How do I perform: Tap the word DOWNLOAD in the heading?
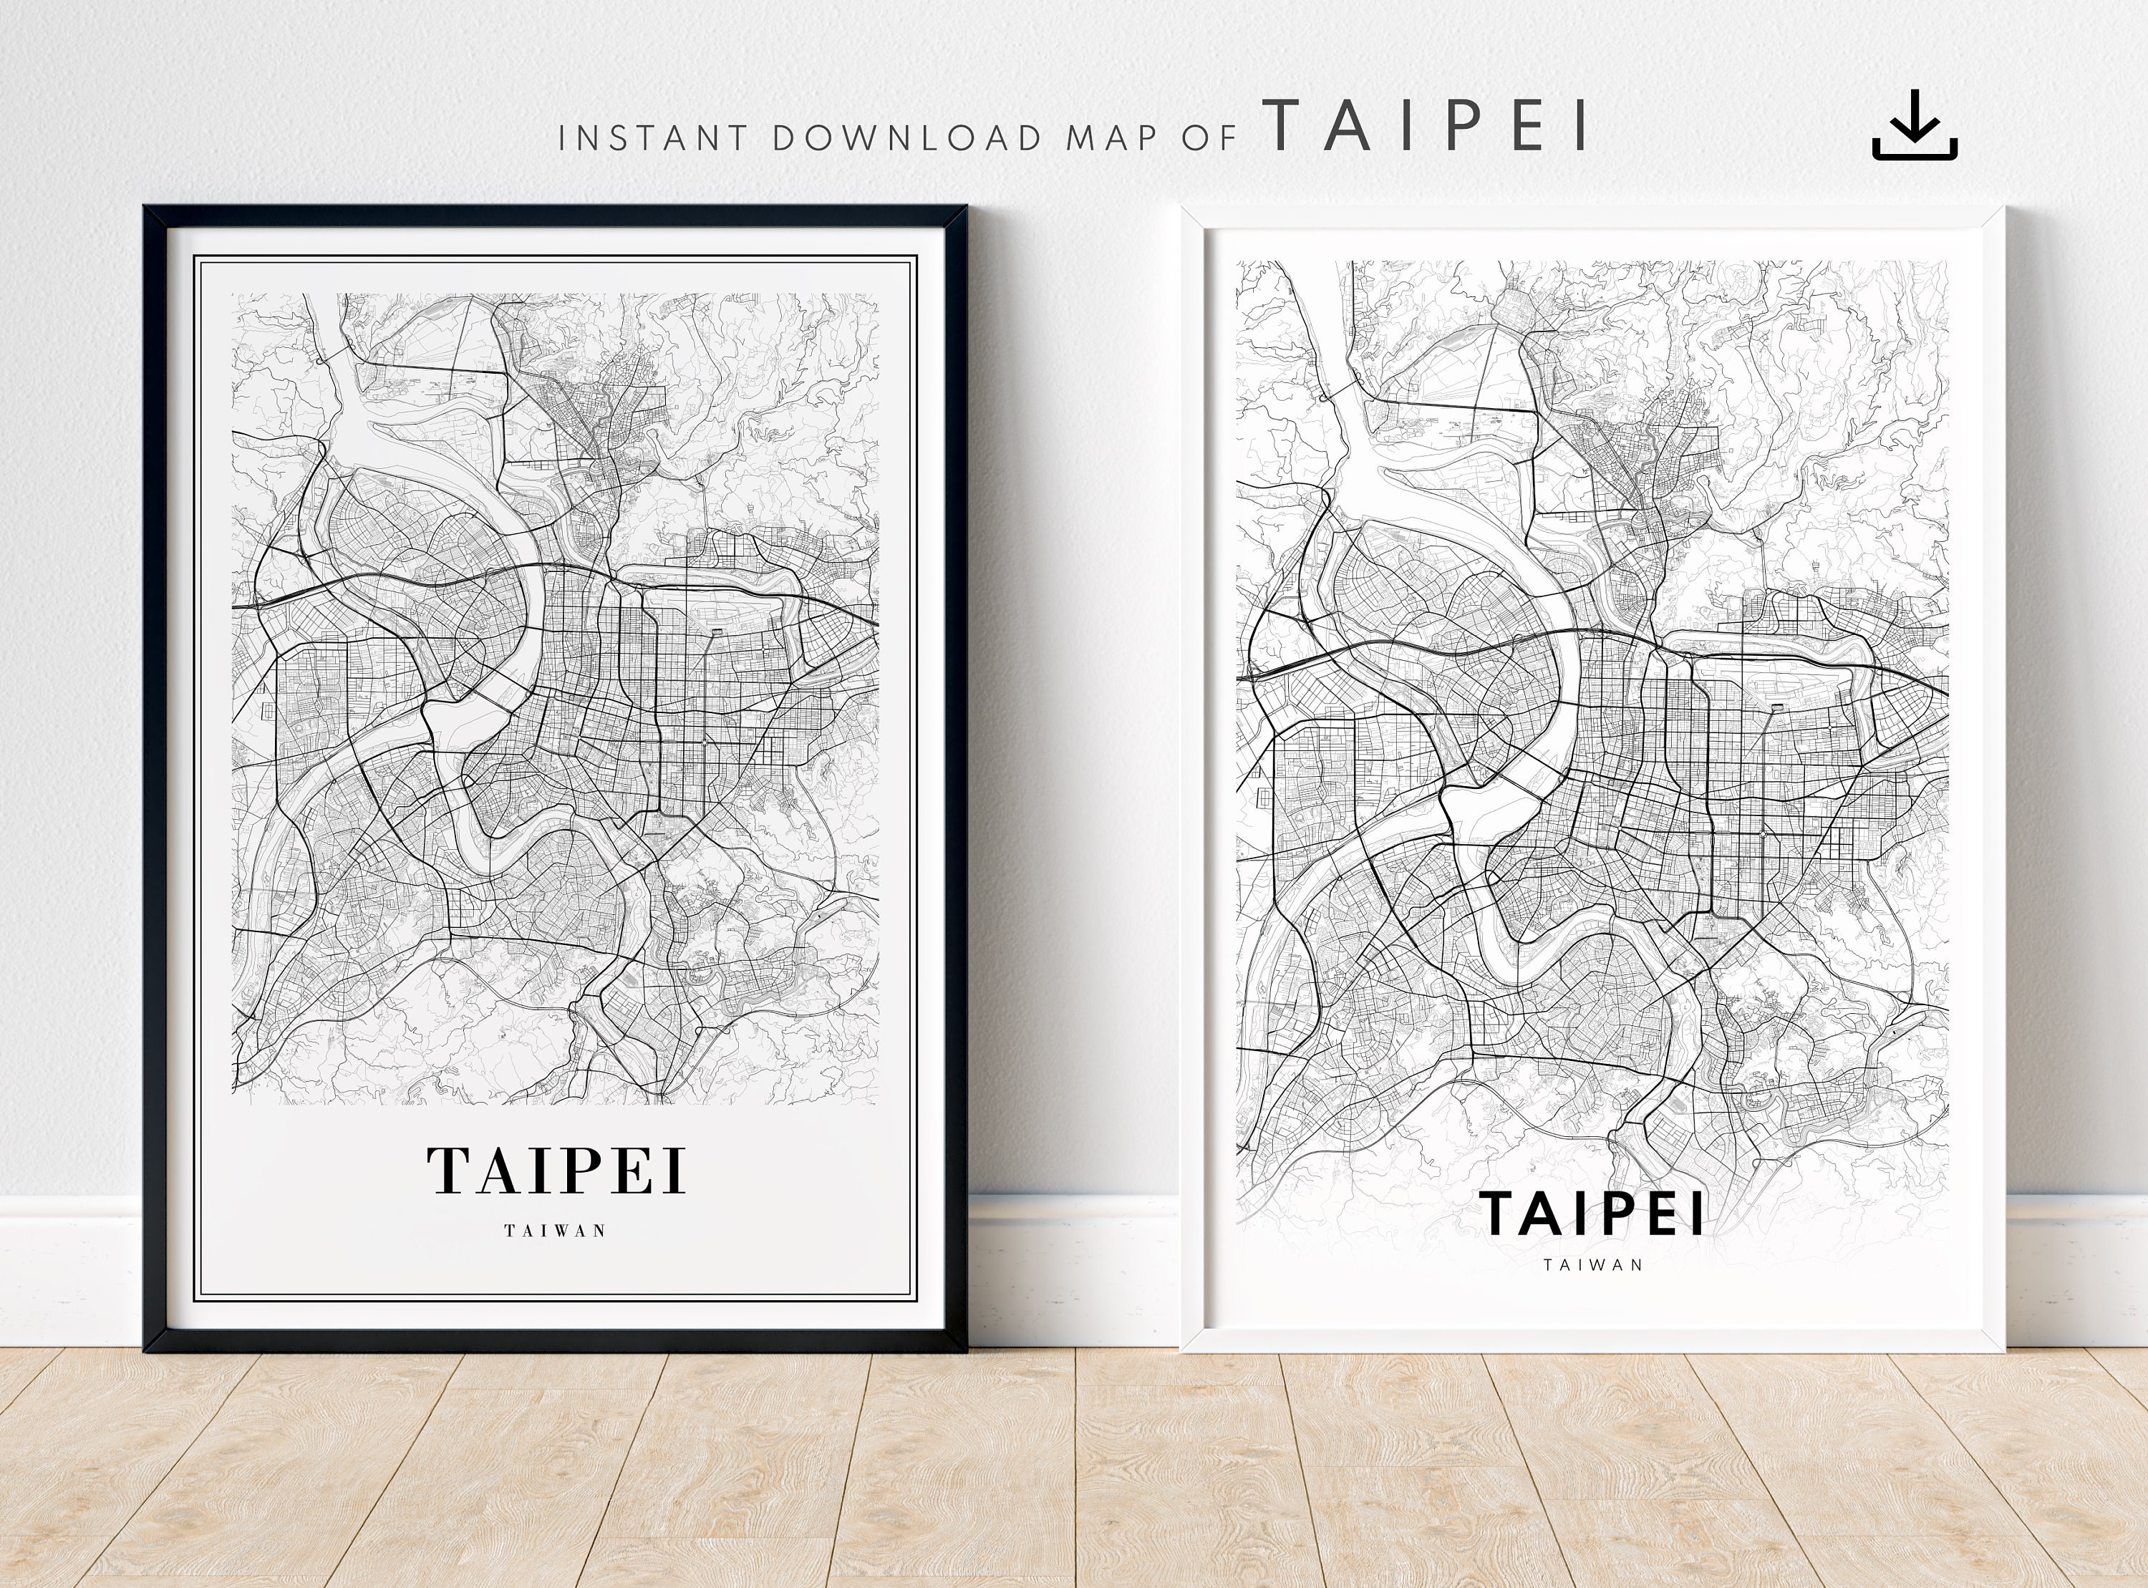(x=907, y=138)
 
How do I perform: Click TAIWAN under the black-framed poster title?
(x=556, y=1231)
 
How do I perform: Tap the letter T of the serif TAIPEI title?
(x=448, y=1170)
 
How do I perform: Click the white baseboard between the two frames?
(x=1073, y=1269)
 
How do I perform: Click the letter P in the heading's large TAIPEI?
(x=1469, y=126)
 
